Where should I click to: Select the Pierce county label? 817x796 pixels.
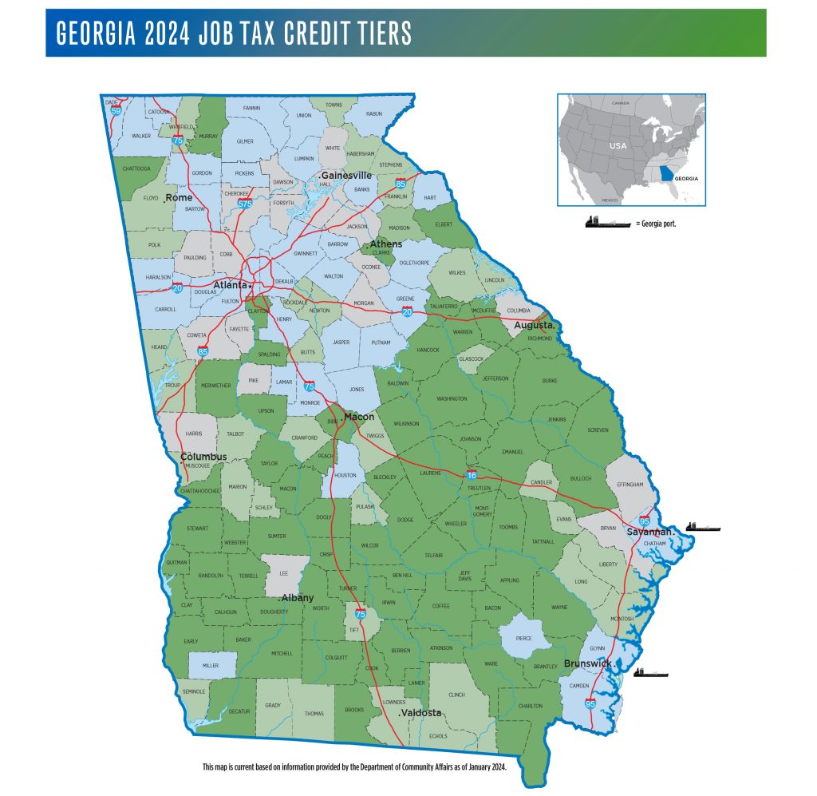point(523,639)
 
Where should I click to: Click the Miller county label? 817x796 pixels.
point(211,665)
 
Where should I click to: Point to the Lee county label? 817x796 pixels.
point(282,572)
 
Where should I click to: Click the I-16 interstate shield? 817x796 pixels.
point(472,476)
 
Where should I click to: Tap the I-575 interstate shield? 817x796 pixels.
point(245,204)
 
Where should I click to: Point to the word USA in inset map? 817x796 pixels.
point(618,147)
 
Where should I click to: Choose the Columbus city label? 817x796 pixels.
point(203,457)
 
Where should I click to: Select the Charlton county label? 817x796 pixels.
point(530,706)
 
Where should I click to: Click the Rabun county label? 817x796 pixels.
point(373,114)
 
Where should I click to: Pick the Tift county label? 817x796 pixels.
point(354,630)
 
